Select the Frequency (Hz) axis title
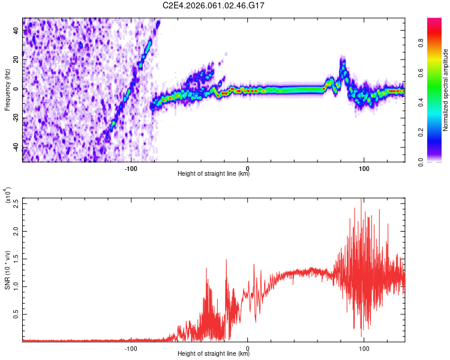[7, 90]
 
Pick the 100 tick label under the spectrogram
[364, 167]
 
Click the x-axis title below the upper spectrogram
[214, 174]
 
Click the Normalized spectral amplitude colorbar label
[446, 90]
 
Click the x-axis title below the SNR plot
[214, 354]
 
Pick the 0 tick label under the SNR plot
[248, 347]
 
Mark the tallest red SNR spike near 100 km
[361, 200]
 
